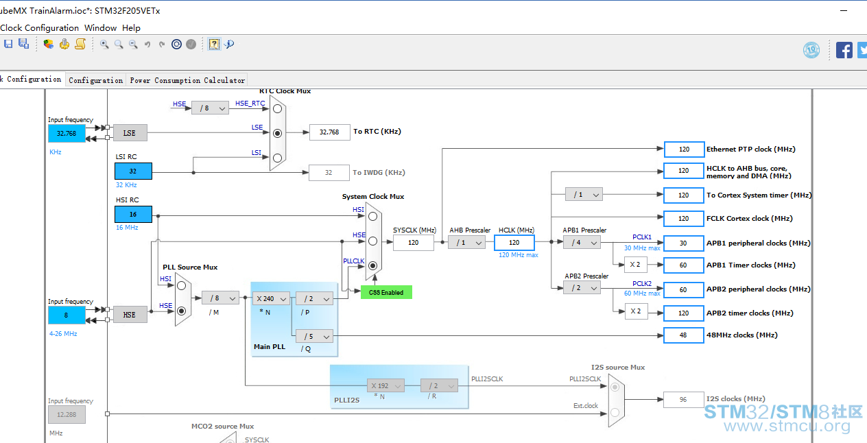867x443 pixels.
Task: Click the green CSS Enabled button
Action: coord(386,293)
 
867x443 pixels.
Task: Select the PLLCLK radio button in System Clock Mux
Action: coord(372,266)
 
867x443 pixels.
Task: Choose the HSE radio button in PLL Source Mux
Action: coord(181,311)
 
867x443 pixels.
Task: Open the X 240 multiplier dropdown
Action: coord(271,299)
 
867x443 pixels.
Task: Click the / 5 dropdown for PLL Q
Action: coord(314,336)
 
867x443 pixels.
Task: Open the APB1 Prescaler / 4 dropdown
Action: coord(582,243)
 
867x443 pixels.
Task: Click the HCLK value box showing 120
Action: coord(514,243)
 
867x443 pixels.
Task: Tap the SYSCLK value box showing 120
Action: coord(413,243)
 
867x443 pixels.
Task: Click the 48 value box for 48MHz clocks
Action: coord(684,335)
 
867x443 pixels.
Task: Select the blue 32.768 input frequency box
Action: coord(67,134)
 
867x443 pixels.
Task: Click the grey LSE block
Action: coord(130,133)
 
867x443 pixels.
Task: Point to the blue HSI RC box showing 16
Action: coord(133,215)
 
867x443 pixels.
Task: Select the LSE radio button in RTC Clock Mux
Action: coord(277,134)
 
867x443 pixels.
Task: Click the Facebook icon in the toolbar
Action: coord(844,50)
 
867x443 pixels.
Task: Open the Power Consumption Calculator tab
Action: coord(187,80)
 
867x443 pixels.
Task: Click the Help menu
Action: coord(131,28)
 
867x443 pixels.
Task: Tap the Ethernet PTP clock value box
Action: coord(684,149)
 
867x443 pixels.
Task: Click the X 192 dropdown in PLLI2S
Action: coord(385,385)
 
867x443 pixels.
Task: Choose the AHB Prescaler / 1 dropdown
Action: coord(466,243)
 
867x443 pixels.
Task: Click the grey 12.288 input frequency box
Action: coord(67,415)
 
